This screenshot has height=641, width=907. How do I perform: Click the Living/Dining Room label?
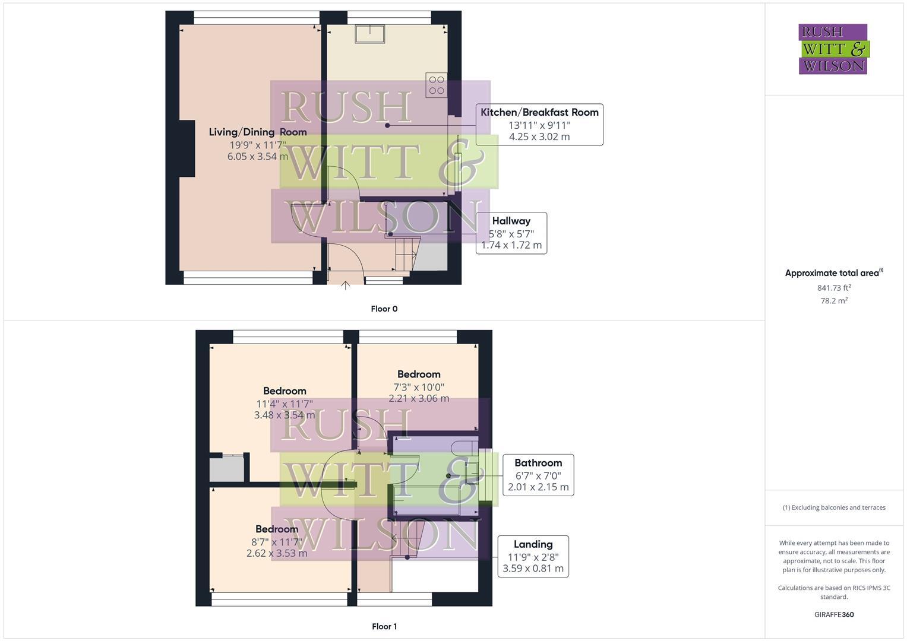[x=257, y=132]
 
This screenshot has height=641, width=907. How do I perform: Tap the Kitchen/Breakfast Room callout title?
[x=539, y=112]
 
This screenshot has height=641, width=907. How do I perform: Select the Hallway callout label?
[x=511, y=221]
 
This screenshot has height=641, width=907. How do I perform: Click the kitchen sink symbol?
[x=369, y=34]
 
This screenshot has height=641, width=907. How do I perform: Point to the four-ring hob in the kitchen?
[x=437, y=85]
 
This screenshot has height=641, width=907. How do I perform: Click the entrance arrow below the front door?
[x=345, y=285]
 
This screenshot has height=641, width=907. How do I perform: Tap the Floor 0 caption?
[x=384, y=309]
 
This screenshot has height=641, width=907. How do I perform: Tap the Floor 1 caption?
[x=384, y=626]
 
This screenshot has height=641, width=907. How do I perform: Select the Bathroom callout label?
[x=538, y=463]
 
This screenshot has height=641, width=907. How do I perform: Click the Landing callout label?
[x=533, y=544]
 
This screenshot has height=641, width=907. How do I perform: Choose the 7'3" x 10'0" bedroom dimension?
[x=419, y=386]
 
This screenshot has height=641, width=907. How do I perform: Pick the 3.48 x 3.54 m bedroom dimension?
[x=284, y=415]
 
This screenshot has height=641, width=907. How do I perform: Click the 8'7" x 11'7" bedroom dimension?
[x=277, y=541]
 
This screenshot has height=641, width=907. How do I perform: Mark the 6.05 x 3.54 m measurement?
[x=257, y=157]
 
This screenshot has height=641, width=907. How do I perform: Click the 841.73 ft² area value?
[x=833, y=288]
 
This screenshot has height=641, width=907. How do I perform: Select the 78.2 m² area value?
[x=833, y=301]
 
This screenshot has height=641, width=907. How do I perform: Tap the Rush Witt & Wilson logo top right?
[x=833, y=49]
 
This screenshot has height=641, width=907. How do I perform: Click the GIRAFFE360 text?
[x=833, y=614]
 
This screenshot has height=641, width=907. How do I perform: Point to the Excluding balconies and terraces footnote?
[x=833, y=507]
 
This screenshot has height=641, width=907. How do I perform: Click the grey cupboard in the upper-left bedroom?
[x=227, y=469]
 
